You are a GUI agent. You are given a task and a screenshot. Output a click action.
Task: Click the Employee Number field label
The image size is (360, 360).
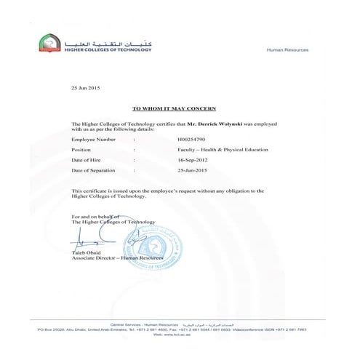pos(92,137)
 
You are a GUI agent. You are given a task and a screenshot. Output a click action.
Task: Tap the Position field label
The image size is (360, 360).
pos(82,149)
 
